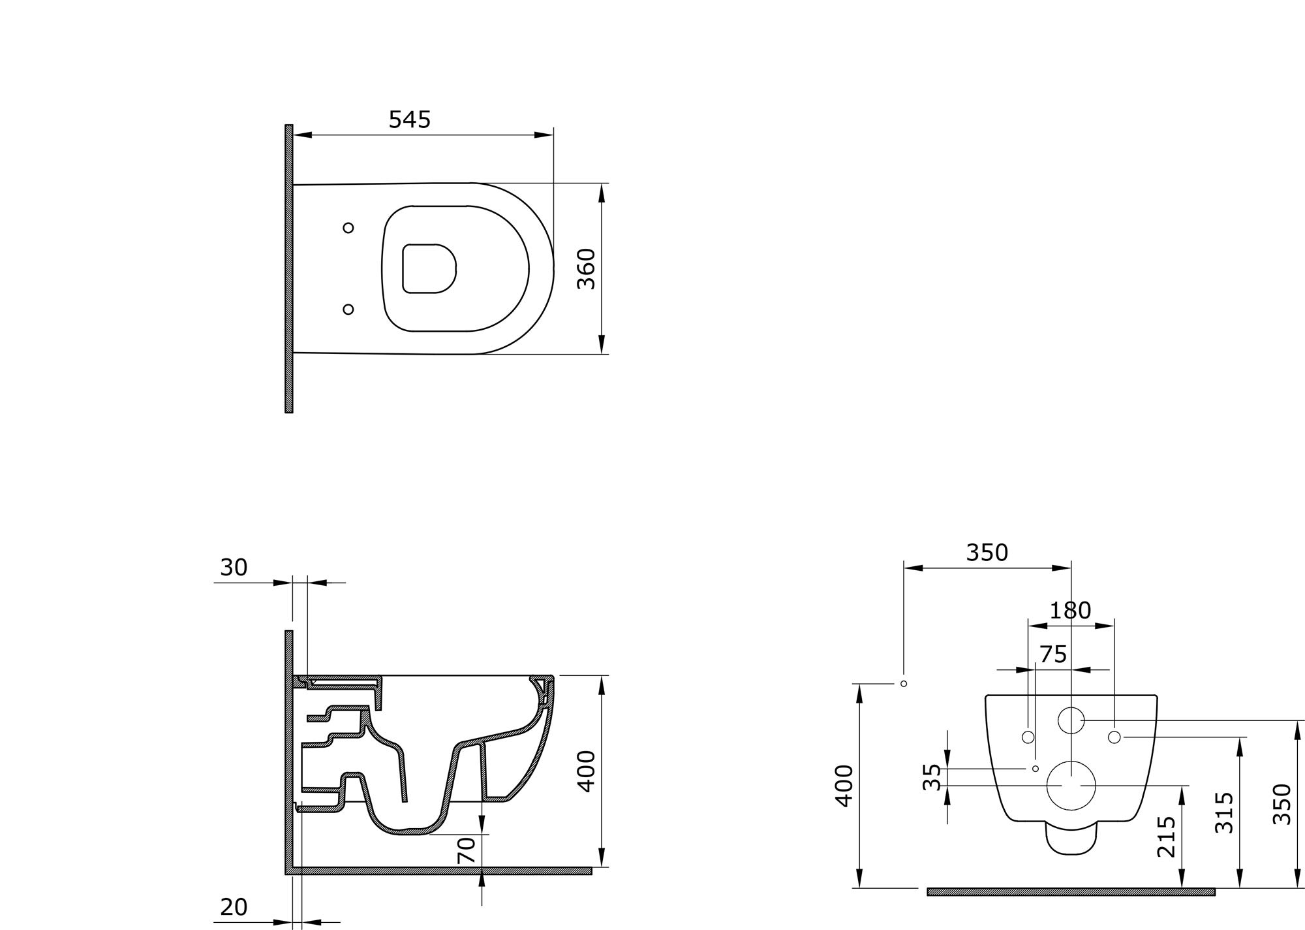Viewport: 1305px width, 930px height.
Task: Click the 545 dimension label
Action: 410,120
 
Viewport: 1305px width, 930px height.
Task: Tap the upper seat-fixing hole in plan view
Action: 348,228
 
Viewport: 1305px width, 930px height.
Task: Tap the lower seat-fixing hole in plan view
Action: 348,309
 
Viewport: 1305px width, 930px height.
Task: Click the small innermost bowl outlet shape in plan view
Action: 429,268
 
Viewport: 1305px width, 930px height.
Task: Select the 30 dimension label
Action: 234,568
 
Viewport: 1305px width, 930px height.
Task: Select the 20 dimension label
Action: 234,907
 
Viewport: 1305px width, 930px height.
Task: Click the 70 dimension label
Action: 467,850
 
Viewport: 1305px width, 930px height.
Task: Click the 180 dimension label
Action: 1070,611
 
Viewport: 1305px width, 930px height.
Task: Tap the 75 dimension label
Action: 1052,654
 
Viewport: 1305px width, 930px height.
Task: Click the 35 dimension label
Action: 932,777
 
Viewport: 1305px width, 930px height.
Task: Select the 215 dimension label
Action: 1166,837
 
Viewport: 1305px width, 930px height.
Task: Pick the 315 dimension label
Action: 1224,812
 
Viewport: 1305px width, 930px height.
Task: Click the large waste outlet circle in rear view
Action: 1071,786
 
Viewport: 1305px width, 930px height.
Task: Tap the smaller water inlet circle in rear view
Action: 1071,720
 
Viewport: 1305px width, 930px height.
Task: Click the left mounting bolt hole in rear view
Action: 1028,737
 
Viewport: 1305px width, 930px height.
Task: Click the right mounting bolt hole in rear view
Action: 1114,737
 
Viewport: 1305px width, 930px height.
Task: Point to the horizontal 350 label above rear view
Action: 987,553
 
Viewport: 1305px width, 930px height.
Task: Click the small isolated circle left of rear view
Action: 904,684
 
